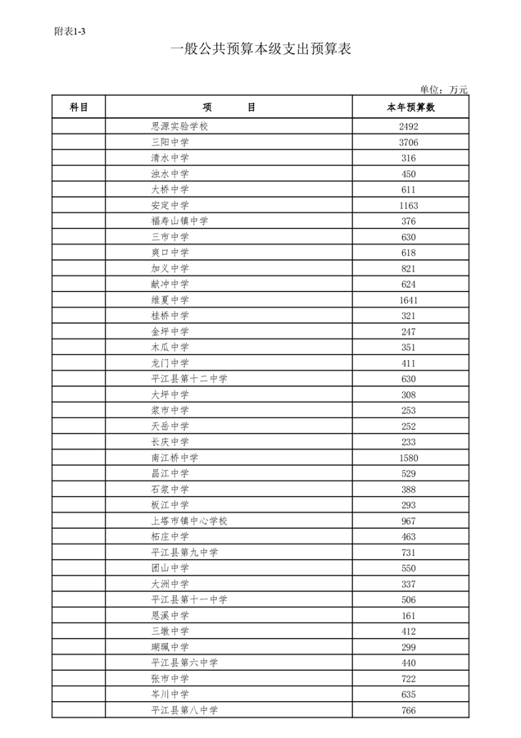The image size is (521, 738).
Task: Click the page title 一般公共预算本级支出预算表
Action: [x=260, y=50]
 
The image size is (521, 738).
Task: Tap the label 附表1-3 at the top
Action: [x=70, y=31]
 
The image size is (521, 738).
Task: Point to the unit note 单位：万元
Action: [x=443, y=89]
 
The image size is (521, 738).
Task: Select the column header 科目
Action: [x=79, y=107]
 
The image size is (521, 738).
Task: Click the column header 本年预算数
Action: [x=410, y=107]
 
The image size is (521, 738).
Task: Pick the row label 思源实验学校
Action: [x=181, y=126]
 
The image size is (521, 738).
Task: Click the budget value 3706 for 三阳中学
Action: [x=409, y=143]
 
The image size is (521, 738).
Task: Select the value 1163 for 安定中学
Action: [x=409, y=206]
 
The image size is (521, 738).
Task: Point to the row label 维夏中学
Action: [x=170, y=300]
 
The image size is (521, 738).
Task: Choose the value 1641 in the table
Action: [x=409, y=300]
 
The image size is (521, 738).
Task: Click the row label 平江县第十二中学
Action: [x=190, y=379]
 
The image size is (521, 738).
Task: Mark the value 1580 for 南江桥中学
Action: [x=409, y=458]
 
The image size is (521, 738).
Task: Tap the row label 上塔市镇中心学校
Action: [x=190, y=521]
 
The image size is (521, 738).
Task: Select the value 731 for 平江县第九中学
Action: [x=409, y=553]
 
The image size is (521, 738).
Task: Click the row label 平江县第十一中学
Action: [x=190, y=599]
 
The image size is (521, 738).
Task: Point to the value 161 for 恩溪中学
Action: [x=409, y=616]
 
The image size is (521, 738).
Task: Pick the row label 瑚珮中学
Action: [x=170, y=647]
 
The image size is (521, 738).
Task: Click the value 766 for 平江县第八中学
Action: [x=409, y=710]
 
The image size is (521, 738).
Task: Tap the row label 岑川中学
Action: [x=170, y=695]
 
